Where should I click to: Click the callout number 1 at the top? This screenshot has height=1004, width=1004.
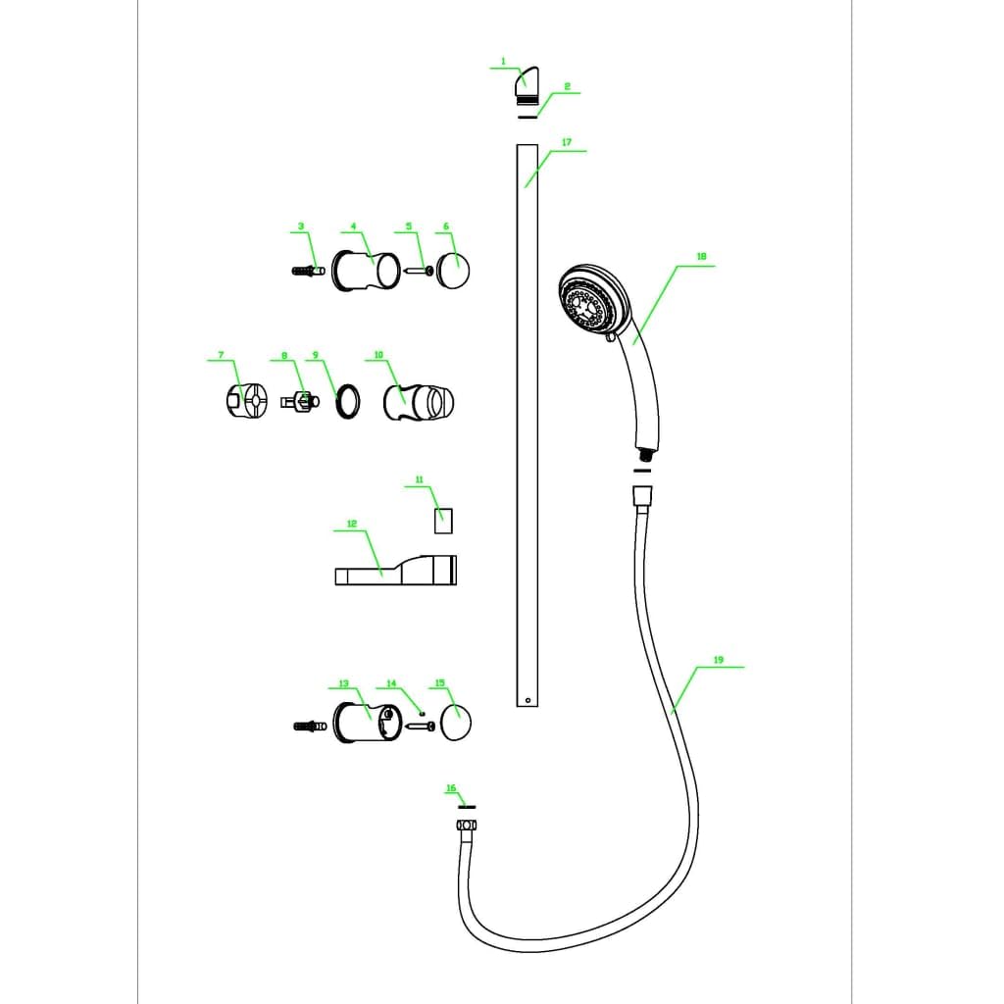(503, 62)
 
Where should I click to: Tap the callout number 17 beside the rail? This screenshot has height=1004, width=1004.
(567, 142)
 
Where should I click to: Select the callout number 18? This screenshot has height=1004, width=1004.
(701, 256)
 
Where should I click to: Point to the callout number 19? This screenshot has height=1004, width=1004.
(718, 660)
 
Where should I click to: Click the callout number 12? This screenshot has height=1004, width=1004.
(352, 524)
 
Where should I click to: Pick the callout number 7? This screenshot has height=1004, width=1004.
(221, 355)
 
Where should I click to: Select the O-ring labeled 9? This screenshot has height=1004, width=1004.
(348, 401)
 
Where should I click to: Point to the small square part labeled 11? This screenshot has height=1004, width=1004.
(443, 521)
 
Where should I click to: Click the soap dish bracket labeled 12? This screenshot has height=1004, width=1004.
(396, 570)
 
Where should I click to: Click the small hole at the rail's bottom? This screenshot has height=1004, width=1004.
(527, 700)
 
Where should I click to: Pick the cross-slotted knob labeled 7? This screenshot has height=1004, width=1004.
(247, 400)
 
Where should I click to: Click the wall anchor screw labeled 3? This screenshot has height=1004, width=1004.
(308, 271)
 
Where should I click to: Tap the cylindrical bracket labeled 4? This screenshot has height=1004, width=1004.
(366, 271)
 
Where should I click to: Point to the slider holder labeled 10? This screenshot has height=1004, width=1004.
(418, 403)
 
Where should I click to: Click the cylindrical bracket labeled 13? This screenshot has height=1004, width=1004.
(368, 723)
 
